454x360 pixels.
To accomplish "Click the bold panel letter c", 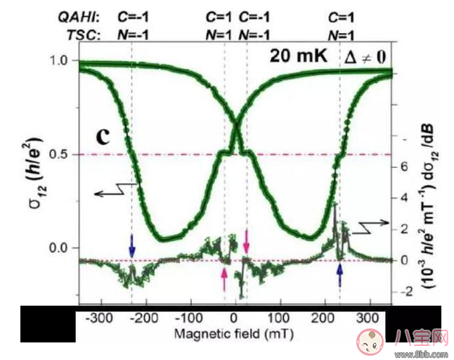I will click(103, 135).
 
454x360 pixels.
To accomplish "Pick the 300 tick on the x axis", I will click(369, 319).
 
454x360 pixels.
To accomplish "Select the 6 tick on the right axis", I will click(398, 167).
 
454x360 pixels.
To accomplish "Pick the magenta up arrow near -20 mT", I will click(224, 281).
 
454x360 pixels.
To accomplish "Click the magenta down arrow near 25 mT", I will click(246, 239).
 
